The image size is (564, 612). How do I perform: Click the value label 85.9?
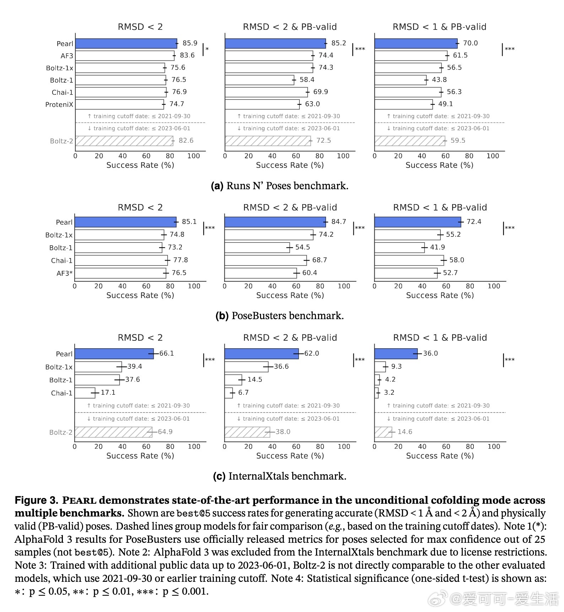pyautogui.click(x=190, y=43)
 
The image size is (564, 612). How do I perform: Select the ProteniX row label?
pyautogui.click(x=59, y=104)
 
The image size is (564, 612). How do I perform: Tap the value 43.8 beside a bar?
pyautogui.click(x=439, y=80)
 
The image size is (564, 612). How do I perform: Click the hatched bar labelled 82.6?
pyautogui.click(x=124, y=141)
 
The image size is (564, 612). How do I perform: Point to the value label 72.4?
pyautogui.click(x=474, y=222)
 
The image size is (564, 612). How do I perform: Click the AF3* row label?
pyautogui.click(x=64, y=273)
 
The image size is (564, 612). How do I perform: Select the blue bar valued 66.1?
pyautogui.click(x=114, y=354)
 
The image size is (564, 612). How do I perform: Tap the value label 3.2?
pyautogui.click(x=389, y=392)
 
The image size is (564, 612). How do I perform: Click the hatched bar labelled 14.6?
pyautogui.click(x=383, y=432)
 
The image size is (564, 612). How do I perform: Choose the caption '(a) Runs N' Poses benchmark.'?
pyautogui.click(x=280, y=186)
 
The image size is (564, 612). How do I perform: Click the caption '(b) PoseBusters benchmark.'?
pyautogui.click(x=280, y=316)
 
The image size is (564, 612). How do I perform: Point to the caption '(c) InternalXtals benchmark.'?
pyautogui.click(x=280, y=476)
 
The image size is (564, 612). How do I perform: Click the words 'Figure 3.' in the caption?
pyautogui.click(x=36, y=500)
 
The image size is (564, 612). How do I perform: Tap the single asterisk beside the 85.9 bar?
pyautogui.click(x=207, y=49)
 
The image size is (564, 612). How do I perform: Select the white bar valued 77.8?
pyautogui.click(x=121, y=260)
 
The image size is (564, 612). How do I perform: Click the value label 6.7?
pyautogui.click(x=243, y=392)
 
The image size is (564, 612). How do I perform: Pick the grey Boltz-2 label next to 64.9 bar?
pyautogui.click(x=61, y=432)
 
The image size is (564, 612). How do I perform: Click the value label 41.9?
pyautogui.click(x=437, y=247)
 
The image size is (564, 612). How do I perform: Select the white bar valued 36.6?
pyautogui.click(x=246, y=367)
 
